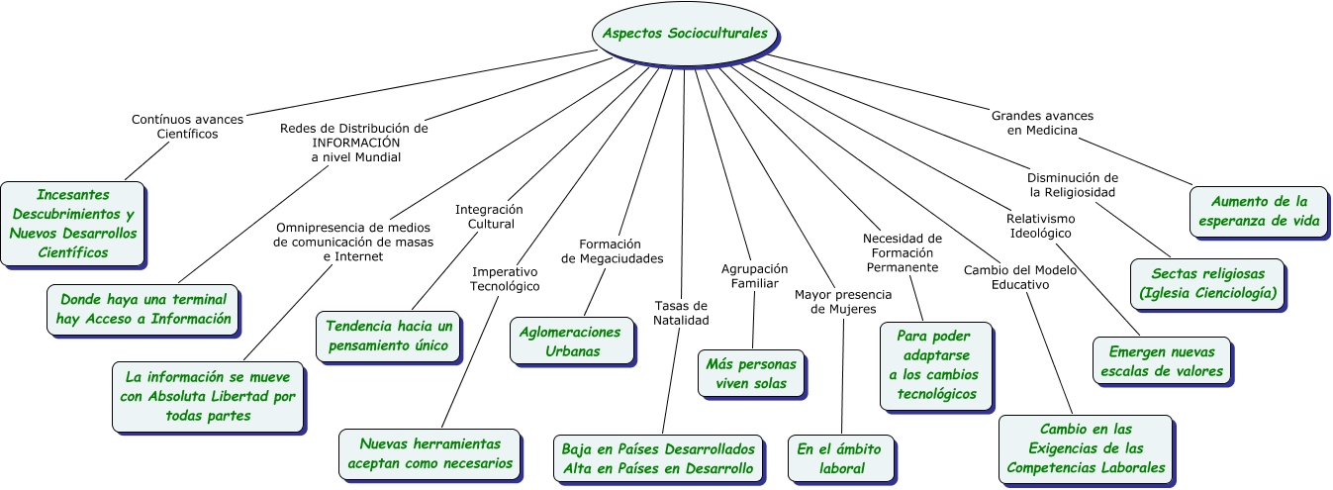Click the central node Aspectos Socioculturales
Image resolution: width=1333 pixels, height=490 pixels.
pos(685,33)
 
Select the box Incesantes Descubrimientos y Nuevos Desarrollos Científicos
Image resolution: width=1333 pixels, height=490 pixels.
pos(72,224)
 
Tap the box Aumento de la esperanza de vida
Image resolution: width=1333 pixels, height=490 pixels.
pos(1259,212)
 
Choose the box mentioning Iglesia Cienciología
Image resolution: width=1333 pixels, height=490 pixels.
pos(1207,283)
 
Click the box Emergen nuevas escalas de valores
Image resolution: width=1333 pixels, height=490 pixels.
pos(1161,361)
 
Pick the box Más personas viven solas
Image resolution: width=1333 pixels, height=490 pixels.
pos(751,373)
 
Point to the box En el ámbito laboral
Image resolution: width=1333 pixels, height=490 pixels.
pos(842,458)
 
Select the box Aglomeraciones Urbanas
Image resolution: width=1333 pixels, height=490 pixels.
pos(571,342)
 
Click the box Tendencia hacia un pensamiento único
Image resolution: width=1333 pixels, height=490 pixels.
pos(389,336)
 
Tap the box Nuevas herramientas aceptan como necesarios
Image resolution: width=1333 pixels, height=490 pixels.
pos(429,453)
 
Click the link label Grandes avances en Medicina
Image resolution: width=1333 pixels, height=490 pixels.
pos(1042,123)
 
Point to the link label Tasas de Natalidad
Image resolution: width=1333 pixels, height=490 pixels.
pos(681,312)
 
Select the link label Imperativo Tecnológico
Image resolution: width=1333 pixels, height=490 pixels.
pos(505,278)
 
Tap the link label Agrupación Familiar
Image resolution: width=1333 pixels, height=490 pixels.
pos(754,275)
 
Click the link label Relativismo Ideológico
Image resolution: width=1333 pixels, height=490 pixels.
pos(1040,226)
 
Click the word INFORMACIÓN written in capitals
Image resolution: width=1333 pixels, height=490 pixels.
pos(354,143)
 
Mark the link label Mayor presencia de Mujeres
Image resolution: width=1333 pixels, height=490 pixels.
pos(843,302)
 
